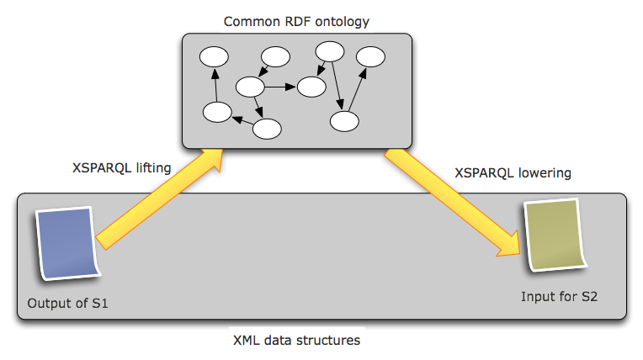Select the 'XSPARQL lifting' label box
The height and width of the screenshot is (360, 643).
pos(121,168)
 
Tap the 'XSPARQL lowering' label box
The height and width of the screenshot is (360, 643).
pos(513,174)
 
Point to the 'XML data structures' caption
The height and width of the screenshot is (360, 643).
pos(297,341)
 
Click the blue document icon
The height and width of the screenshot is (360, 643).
pos(68,243)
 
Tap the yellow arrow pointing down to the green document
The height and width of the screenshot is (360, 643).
pos(454,203)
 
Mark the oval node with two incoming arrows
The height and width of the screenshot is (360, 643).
pos(311,86)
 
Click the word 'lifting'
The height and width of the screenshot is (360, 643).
pos(151,168)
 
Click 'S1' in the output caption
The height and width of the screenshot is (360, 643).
pos(99,303)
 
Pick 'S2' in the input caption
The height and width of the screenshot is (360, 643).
pos(588,297)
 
